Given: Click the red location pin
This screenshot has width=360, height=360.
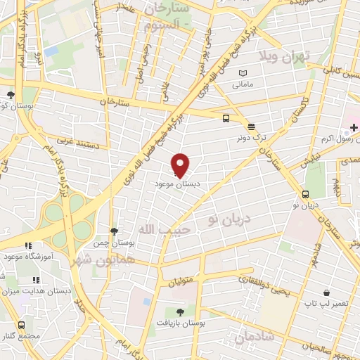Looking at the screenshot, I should coord(181,165).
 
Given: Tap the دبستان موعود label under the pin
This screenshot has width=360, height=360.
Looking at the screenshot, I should coord(176,183).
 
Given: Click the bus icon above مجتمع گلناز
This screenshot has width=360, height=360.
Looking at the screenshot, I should coord(22,326).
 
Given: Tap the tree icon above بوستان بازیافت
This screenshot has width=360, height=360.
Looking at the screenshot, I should coord(181,311).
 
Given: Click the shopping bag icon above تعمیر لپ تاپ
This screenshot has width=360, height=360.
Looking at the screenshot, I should coord(326,292).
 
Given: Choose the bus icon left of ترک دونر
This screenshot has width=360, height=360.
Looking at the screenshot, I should coord(226,119).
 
